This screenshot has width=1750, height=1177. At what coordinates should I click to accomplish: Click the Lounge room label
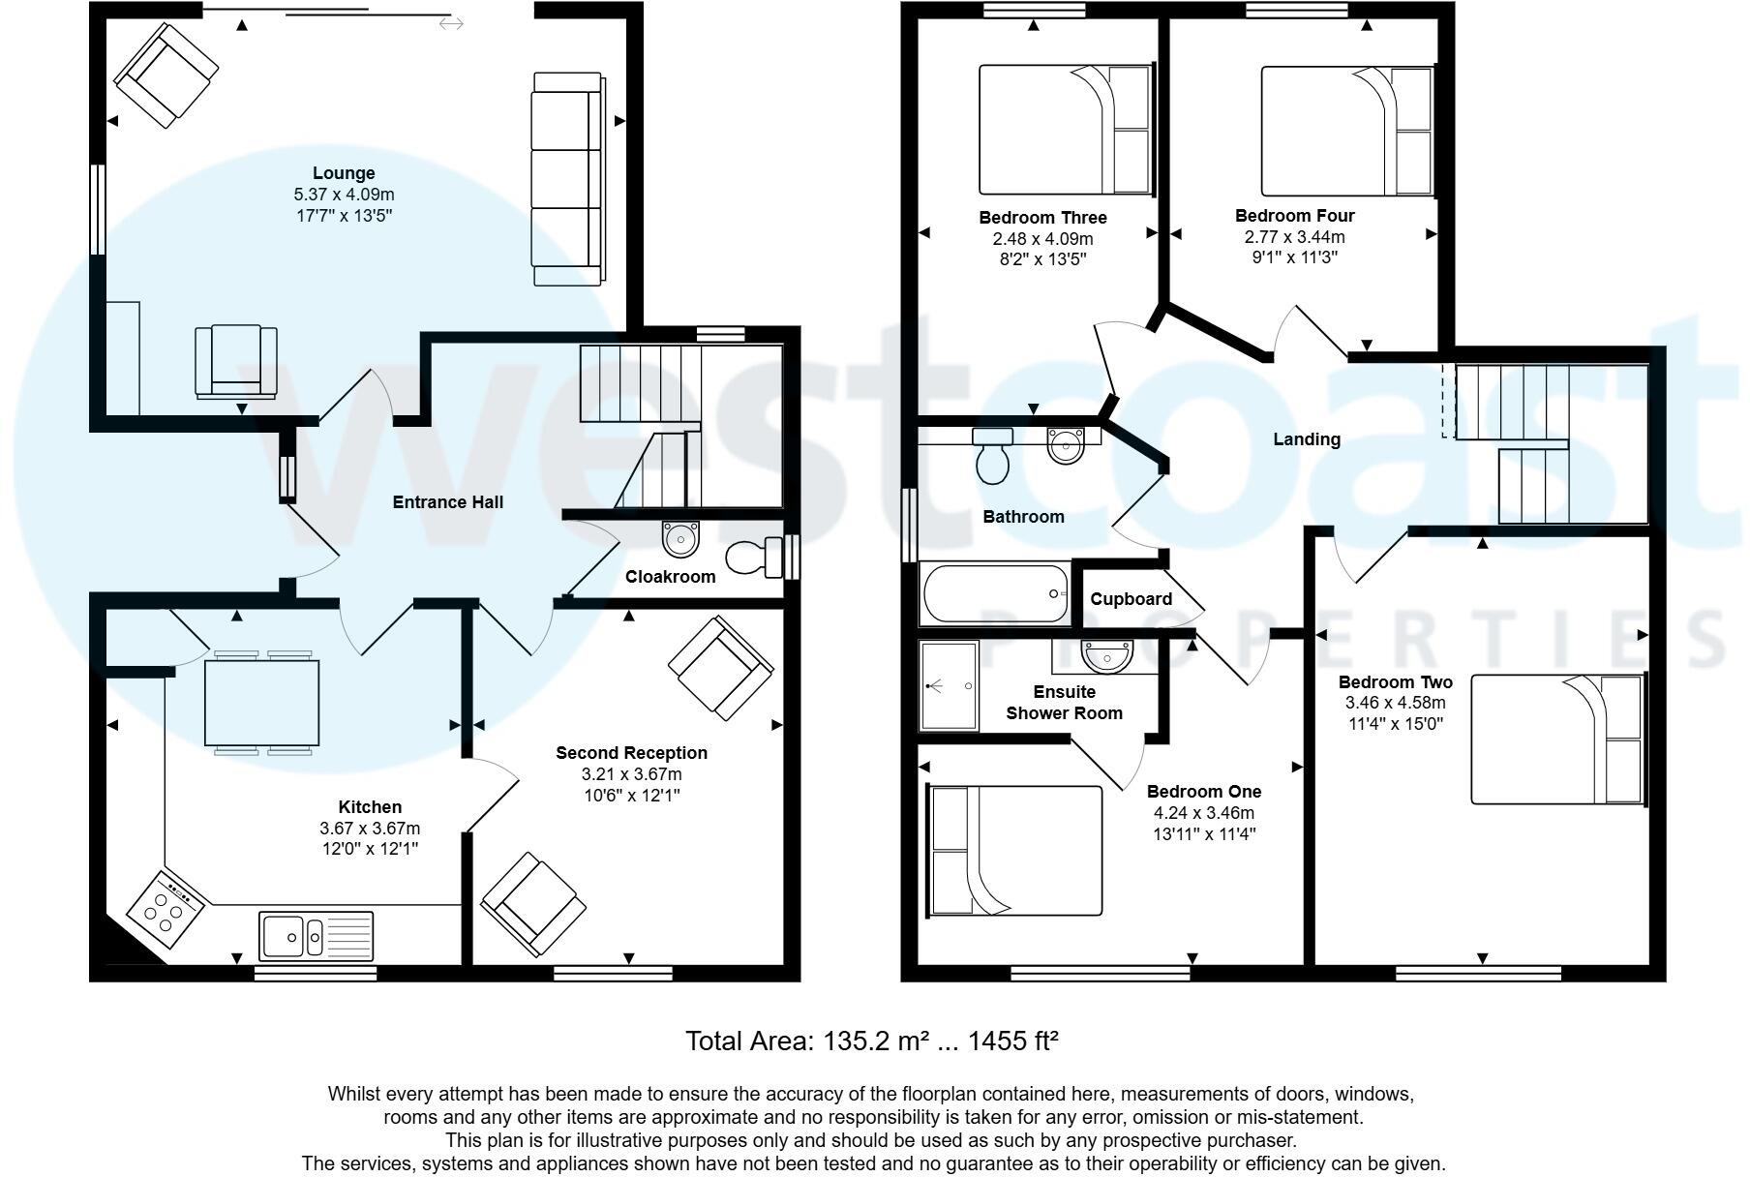click(x=344, y=173)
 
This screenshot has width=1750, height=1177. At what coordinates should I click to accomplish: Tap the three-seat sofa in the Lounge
click(x=567, y=179)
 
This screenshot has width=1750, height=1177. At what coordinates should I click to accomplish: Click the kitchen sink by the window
click(x=316, y=936)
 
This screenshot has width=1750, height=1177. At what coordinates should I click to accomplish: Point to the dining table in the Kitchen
click(x=262, y=703)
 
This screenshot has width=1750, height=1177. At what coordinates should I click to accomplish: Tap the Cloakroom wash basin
click(x=680, y=537)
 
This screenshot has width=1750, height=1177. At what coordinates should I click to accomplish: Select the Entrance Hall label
click(x=447, y=501)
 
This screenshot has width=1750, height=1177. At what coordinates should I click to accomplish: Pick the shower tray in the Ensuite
click(x=949, y=685)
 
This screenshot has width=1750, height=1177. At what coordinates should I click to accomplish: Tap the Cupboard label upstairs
click(x=1131, y=599)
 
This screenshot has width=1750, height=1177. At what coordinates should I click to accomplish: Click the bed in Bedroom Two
click(x=1557, y=739)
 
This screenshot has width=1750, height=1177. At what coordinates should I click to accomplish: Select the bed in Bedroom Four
click(x=1346, y=131)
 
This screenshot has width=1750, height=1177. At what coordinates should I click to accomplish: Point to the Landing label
click(x=1306, y=439)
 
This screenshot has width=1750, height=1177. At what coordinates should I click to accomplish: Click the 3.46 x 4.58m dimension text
click(x=1395, y=703)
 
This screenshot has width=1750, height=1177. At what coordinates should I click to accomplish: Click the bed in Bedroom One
click(x=1015, y=851)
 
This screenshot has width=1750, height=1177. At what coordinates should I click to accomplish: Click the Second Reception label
click(x=631, y=753)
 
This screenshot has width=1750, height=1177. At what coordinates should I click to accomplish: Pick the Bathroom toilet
click(x=993, y=457)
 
